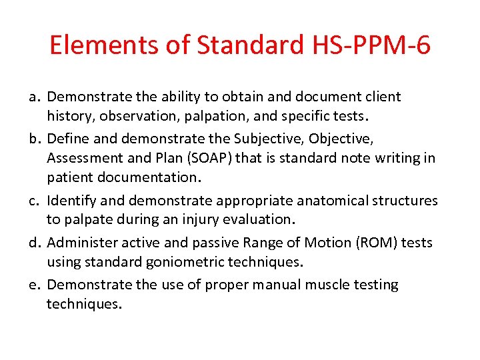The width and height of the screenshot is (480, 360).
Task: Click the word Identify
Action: click(73, 201)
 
